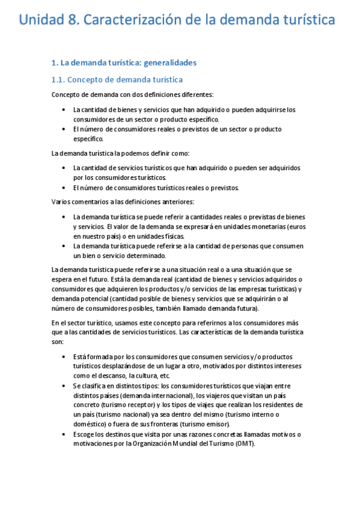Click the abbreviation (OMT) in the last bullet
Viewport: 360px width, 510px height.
(x=244, y=444)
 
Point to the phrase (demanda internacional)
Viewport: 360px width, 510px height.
(x=157, y=395)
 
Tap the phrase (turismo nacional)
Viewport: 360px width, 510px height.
(x=107, y=414)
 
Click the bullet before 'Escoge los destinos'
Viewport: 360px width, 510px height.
(x=64, y=434)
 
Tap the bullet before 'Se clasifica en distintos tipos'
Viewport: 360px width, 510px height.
(x=64, y=386)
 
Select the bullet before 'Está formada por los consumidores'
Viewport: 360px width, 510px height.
(x=64, y=357)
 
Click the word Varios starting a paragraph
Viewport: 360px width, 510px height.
(x=62, y=201)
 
